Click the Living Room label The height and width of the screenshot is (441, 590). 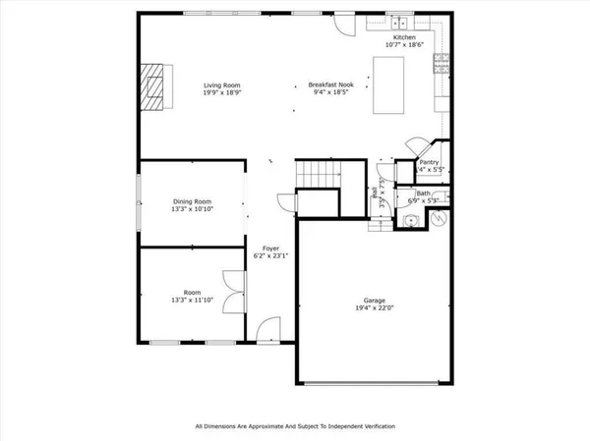click(222, 85)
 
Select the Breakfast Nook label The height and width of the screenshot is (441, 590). click(324, 85)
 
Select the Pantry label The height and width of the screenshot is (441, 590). click(429, 162)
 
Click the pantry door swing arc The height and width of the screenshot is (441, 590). click(414, 143)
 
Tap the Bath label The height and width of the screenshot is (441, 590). click(424, 193)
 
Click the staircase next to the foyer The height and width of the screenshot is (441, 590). click(317, 175)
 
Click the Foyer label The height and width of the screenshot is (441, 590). click(270, 248)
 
